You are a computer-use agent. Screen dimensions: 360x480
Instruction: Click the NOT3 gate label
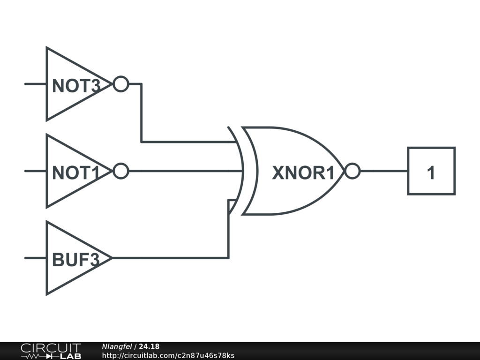tap(76, 86)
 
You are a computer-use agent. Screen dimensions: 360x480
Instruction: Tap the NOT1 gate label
tap(76, 173)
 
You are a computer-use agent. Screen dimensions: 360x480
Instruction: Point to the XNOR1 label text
tap(303, 173)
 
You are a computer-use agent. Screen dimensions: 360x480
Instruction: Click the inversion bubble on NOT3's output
tap(121, 84)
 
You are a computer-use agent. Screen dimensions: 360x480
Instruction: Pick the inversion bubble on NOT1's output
tap(121, 171)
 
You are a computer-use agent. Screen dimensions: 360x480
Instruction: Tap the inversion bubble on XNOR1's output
tap(352, 171)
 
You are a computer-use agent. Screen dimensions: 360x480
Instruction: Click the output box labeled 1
tap(431, 171)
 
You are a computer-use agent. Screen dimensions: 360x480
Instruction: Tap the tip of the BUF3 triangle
tap(111, 258)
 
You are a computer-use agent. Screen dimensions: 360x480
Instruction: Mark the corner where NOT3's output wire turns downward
tap(141, 84)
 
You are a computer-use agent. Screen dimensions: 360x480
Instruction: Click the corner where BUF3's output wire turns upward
tap(228, 258)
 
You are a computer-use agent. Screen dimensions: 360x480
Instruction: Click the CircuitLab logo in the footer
tap(50, 351)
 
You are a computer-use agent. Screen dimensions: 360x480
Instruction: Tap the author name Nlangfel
tap(117, 346)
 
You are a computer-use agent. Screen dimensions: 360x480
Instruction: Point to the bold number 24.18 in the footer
tap(149, 346)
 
